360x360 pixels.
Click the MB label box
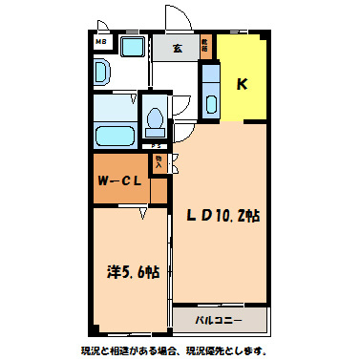[x=99, y=43]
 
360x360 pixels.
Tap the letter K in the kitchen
[x=242, y=83]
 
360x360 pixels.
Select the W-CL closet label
[x=120, y=181]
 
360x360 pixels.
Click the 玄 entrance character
[x=178, y=47]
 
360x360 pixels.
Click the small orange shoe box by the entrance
[x=205, y=45]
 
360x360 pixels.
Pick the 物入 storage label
[x=159, y=162]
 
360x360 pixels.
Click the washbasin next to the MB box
[x=102, y=73]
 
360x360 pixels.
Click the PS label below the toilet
[x=156, y=145]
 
